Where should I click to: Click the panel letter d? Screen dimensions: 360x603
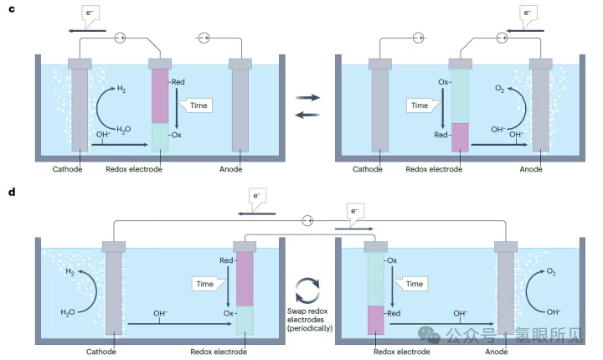[11, 192]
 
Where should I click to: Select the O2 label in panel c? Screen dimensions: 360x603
[500, 87]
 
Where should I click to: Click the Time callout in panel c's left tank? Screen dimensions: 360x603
[194, 105]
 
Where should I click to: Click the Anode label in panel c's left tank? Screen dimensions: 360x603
[241, 168]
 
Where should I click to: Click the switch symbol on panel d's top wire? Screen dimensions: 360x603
[307, 220]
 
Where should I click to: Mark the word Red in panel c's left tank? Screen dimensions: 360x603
[178, 82]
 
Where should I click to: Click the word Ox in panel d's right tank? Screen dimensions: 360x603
[392, 260]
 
